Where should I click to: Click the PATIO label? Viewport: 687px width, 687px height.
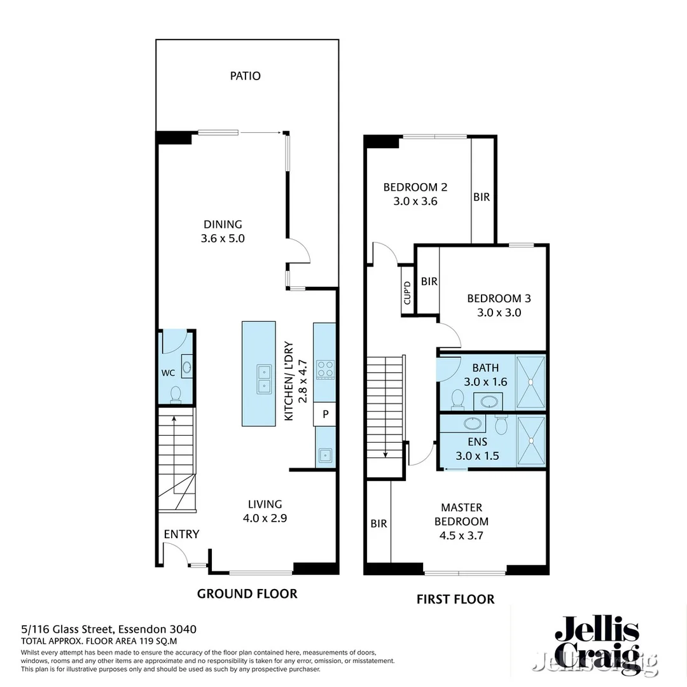pyautogui.click(x=245, y=76)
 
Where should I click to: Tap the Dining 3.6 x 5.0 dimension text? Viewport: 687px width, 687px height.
pyautogui.click(x=223, y=239)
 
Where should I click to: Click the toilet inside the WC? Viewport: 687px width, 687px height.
pyautogui.click(x=176, y=394)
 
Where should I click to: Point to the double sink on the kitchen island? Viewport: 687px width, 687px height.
pyautogui.click(x=264, y=380)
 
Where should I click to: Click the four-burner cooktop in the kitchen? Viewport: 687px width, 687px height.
pyautogui.click(x=325, y=369)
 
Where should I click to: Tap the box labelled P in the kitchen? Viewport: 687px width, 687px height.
pyautogui.click(x=325, y=415)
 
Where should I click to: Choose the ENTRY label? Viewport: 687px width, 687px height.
pyautogui.click(x=181, y=534)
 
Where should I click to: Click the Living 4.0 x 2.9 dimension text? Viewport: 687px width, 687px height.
pyautogui.click(x=265, y=518)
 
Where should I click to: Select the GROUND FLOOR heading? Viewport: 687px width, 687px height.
pyautogui.click(x=247, y=593)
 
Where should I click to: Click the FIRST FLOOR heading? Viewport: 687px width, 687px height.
pyautogui.click(x=455, y=599)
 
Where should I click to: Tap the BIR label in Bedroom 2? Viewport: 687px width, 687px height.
pyautogui.click(x=482, y=197)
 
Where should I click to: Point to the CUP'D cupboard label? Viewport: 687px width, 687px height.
pyautogui.click(x=408, y=293)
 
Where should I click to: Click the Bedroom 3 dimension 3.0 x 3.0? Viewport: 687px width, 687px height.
pyautogui.click(x=499, y=312)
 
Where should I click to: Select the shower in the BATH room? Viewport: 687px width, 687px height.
pyautogui.click(x=531, y=382)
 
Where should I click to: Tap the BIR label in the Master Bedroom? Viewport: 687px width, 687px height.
pyautogui.click(x=378, y=524)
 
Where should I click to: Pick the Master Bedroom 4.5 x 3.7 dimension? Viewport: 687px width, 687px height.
pyautogui.click(x=461, y=536)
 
